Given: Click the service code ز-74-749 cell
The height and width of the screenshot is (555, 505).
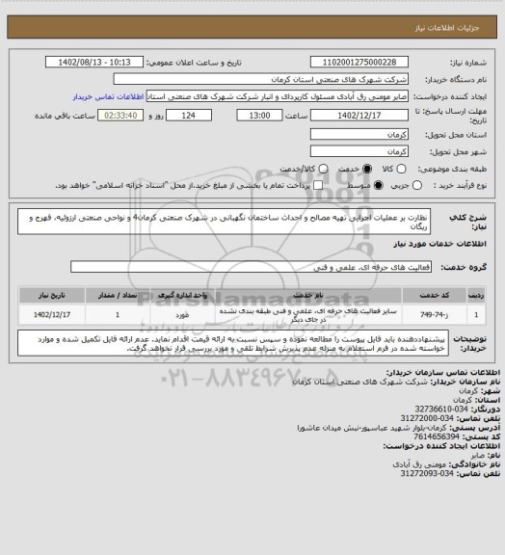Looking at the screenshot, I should (x=432, y=314).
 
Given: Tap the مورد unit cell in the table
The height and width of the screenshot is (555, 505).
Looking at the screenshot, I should (x=188, y=314).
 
